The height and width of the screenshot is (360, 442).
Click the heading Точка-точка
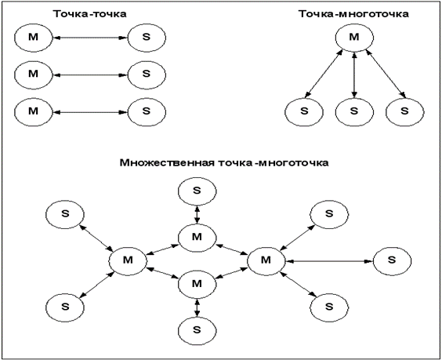coord(90,14)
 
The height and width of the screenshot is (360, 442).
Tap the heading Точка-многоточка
coord(353,14)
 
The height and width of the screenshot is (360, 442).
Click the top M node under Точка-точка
coord(33,38)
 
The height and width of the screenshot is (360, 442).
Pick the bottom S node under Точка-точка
coord(147,112)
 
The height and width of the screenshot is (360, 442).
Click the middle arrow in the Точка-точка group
coord(90,75)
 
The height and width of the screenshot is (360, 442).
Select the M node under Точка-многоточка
coord(354,38)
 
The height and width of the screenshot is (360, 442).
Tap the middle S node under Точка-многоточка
coord(354,112)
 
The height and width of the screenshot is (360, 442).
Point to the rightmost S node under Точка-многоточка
coord(405,112)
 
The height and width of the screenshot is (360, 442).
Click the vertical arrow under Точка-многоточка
coord(354,75)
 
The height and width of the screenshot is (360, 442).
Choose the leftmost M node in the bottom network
coord(128,261)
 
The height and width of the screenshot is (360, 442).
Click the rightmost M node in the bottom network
coord(266,261)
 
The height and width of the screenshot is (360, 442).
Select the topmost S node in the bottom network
coord(197,191)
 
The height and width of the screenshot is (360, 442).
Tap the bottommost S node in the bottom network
coord(197,330)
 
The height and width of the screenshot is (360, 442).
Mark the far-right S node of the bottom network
coord(392,261)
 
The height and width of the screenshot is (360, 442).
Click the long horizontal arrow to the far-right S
coord(329,261)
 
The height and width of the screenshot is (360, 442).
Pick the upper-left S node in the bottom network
coord(65,214)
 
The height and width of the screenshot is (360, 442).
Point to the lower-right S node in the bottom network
coord(329,307)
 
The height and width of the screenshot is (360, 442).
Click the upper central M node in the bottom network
coord(197,238)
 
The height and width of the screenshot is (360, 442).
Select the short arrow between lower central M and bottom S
coord(197,307)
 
